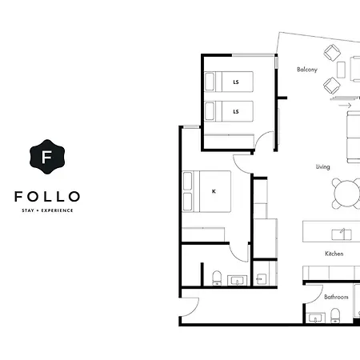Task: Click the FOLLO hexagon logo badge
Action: (x=47, y=157)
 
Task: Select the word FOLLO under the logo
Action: (x=47, y=197)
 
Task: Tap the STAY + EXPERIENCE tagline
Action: (x=47, y=210)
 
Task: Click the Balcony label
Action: (x=307, y=70)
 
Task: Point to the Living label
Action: (x=323, y=167)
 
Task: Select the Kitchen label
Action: (x=334, y=254)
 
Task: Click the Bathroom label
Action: (x=336, y=297)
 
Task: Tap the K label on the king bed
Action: (x=214, y=191)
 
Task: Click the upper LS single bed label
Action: (x=236, y=82)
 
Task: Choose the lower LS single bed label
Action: (x=236, y=111)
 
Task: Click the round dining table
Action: (x=347, y=194)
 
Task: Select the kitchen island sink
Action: (x=342, y=234)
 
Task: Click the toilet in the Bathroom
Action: (x=335, y=315)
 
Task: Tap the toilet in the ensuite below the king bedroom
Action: (x=217, y=278)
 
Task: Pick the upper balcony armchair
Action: (x=332, y=52)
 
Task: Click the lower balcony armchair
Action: (x=332, y=86)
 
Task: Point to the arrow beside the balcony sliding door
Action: (x=345, y=106)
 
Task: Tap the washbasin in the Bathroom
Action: (x=316, y=318)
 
